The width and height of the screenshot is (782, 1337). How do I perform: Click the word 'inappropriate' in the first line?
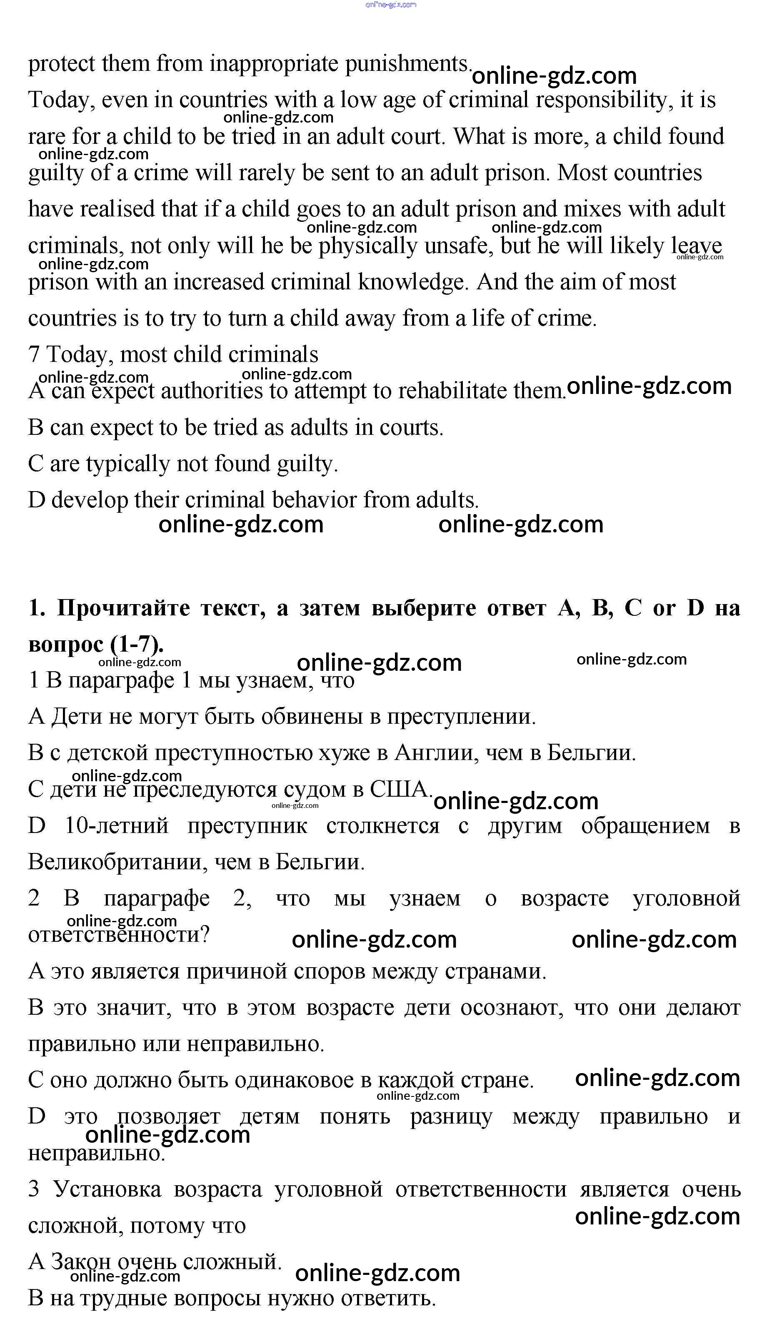click(x=274, y=64)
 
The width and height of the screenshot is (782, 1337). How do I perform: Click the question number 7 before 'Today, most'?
click(x=33, y=355)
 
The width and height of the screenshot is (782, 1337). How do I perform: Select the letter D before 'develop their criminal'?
click(x=36, y=500)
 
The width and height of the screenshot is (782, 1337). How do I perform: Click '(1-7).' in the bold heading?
click(x=137, y=645)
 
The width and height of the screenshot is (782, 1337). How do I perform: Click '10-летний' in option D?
click(x=116, y=826)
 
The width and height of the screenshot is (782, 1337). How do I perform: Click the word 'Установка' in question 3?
click(x=107, y=1190)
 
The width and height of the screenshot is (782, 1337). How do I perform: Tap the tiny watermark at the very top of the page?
click(x=391, y=5)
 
